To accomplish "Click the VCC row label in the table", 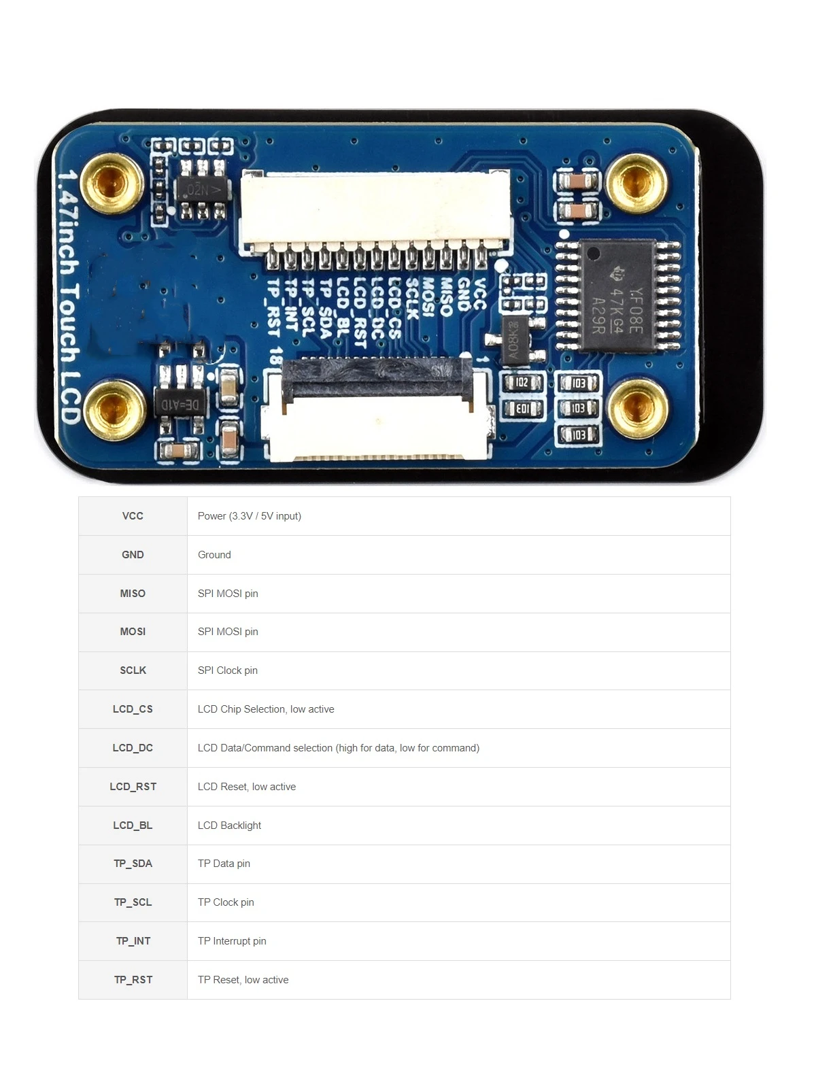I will tap(133, 516).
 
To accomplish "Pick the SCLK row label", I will tap(133, 670).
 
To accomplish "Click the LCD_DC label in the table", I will tap(133, 748).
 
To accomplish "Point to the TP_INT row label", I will tap(133, 941).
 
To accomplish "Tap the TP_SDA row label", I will tap(133, 864).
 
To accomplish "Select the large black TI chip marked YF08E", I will tap(617, 296).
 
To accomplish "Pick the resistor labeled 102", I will tap(522, 383).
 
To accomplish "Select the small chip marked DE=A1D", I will tap(180, 405).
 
